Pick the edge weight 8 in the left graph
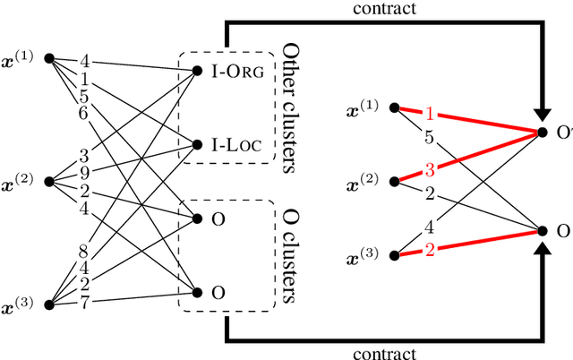(x=83, y=252)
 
